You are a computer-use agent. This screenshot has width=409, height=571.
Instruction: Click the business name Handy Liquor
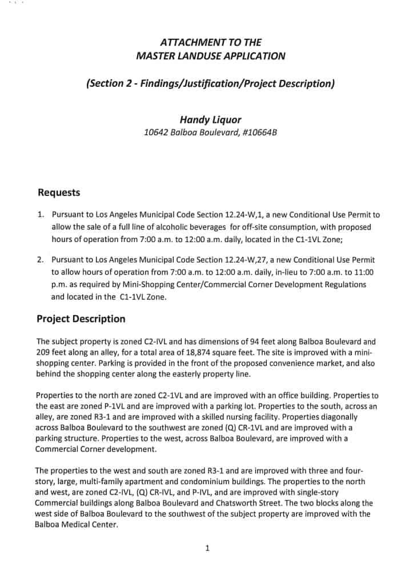pos(210,120)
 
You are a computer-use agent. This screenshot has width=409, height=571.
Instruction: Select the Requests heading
pos(59,192)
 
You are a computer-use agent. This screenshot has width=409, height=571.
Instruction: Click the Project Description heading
pos(81,319)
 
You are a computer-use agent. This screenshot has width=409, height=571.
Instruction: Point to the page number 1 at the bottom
pos(207,549)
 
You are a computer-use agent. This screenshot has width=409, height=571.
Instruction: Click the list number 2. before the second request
pos(41,259)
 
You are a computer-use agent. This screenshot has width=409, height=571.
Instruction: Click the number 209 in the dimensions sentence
pos(43,352)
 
